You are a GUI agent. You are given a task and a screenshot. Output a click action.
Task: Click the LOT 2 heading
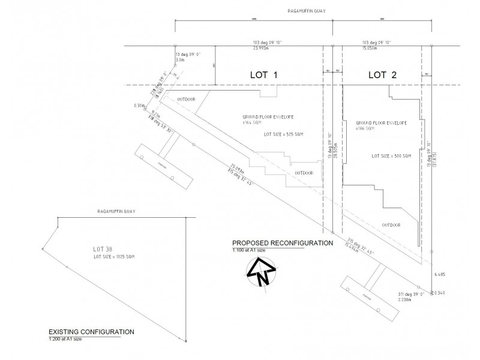tap(382, 75)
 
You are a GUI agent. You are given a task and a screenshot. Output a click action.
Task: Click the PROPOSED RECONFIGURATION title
tap(283, 243)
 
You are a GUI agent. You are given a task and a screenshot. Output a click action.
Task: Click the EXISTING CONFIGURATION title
tap(91, 332)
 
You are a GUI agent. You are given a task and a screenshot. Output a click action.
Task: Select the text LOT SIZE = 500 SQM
tap(391, 156)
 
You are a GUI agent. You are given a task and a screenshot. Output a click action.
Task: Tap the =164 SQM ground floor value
tap(253, 122)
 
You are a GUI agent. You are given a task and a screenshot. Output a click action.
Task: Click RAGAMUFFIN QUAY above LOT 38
tap(115, 212)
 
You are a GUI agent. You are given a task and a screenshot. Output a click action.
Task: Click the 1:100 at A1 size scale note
tap(251, 250)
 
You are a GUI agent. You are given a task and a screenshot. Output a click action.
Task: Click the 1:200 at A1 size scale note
tap(65, 339)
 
